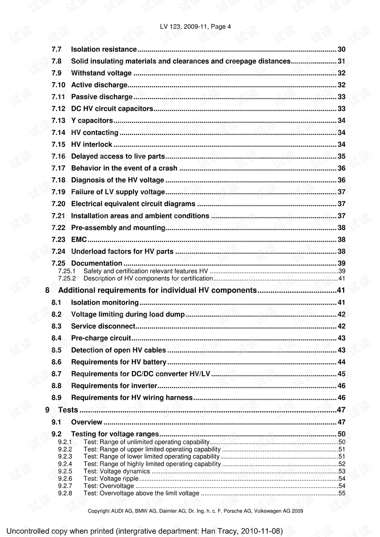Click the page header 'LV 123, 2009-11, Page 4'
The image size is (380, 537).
[195, 27]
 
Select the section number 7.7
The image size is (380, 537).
[57, 49]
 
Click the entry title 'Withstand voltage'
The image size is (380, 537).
[101, 73]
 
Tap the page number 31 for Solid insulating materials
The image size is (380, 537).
[341, 61]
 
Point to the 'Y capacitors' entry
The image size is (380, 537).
[92, 121]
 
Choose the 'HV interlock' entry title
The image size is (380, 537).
[91, 144]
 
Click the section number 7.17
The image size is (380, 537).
[58, 168]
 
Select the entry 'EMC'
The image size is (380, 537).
[79, 239]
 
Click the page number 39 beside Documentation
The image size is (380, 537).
[341, 264]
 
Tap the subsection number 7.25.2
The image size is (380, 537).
[67, 278]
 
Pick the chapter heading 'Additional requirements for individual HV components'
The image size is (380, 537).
[157, 290]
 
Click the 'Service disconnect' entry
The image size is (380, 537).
[103, 326]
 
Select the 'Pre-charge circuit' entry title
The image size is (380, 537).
[101, 338]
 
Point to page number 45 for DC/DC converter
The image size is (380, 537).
[341, 374]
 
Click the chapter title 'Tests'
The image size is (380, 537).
[68, 410]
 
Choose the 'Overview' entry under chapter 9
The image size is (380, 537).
[87, 422]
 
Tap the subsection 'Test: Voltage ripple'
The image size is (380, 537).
[111, 478]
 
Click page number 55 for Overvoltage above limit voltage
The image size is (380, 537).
[342, 493]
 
